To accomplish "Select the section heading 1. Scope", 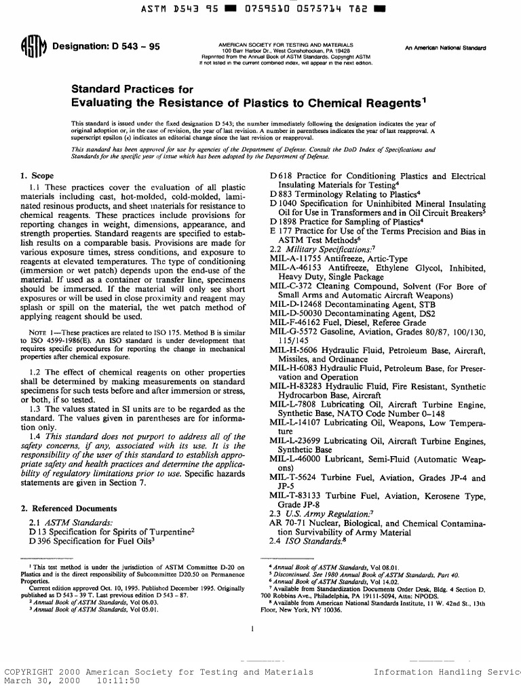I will click(38, 176).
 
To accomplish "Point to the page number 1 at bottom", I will click(252, 629).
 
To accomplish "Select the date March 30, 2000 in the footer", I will click(39, 681).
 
